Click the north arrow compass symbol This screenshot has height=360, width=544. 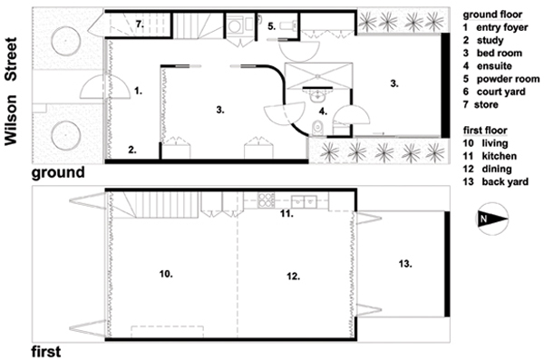(492, 219)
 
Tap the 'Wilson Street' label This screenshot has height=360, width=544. (10, 92)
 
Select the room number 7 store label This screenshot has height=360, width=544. (140, 24)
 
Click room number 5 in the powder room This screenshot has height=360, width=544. (272, 26)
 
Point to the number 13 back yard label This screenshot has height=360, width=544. (405, 264)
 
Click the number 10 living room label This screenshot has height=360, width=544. (166, 274)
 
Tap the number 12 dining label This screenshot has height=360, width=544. (293, 277)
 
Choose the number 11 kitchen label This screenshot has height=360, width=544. (287, 214)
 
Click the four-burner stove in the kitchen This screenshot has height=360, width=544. (266, 200)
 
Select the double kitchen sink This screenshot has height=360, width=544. (305, 201)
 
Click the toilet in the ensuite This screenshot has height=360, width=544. (317, 128)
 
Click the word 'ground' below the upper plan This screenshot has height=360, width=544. (58, 172)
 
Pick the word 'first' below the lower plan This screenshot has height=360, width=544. (46, 351)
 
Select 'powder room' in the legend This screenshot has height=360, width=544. (508, 79)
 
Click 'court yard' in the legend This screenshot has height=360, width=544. (501, 92)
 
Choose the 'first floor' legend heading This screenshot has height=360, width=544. (485, 131)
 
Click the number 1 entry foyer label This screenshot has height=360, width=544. (139, 91)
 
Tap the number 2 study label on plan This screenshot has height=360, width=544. (132, 150)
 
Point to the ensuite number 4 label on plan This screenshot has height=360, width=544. (323, 112)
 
